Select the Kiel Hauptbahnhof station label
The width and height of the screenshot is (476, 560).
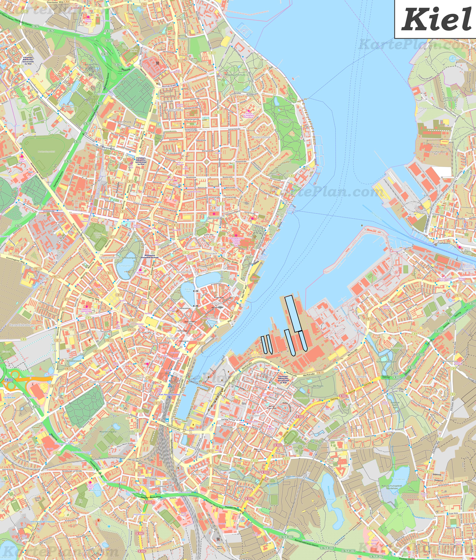click(x=169, y=395)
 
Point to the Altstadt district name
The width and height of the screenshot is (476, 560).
click(x=217, y=303)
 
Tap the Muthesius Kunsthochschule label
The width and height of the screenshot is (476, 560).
click(x=150, y=256)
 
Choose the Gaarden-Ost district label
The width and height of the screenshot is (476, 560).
click(x=257, y=415)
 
